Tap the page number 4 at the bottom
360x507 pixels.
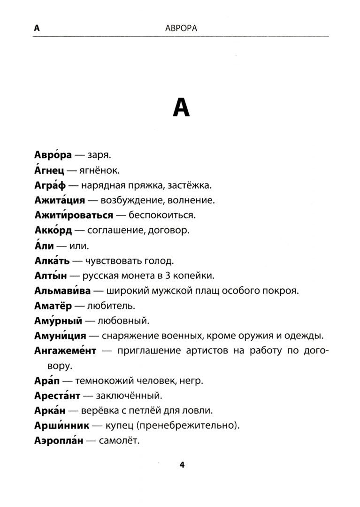182,465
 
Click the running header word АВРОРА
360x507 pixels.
182,28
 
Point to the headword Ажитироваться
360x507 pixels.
74,215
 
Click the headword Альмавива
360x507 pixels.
62,291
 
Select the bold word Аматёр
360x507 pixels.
53,306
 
